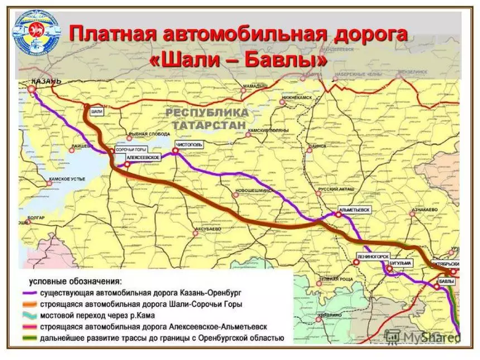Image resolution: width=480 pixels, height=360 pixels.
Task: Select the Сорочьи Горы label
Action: tap(132, 150)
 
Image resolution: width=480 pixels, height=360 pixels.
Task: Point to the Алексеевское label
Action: tap(146, 159)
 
